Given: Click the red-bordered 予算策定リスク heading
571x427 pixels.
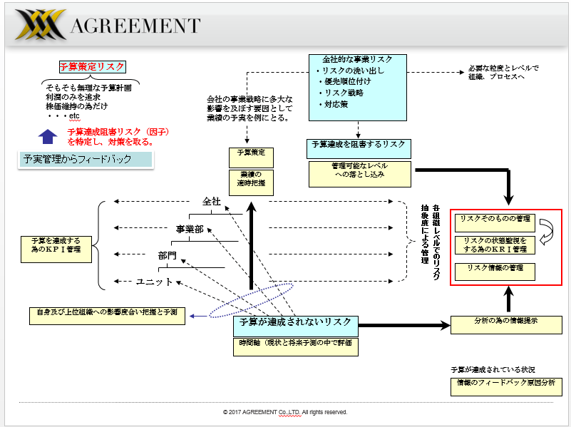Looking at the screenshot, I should click(92, 67).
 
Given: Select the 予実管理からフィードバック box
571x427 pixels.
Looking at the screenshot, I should click(85, 159).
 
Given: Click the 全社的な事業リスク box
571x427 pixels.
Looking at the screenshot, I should click(358, 87).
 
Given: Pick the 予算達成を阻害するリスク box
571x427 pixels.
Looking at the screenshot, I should click(359, 145).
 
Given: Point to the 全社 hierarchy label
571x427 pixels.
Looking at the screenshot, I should click(212, 202).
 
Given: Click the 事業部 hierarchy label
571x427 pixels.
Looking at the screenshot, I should click(190, 229).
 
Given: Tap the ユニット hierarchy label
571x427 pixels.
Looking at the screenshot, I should click(154, 282).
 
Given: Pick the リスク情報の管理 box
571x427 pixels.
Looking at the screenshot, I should click(495, 269).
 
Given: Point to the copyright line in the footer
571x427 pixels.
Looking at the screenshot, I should click(285, 412).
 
